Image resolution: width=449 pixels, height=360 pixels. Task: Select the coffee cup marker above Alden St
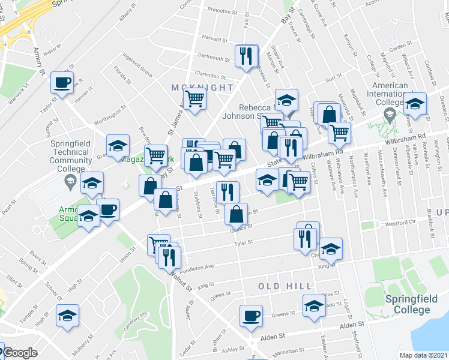pyautogui.click(x=251, y=315)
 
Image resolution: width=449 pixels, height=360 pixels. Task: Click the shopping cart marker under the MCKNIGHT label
pyautogui.click(x=194, y=98)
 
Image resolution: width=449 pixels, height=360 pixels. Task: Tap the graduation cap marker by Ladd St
pyautogui.click(x=314, y=306)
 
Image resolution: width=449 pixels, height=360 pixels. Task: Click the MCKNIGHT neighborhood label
pyautogui.click(x=194, y=88)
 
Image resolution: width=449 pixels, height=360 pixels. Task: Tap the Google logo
pyautogui.click(x=20, y=353)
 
